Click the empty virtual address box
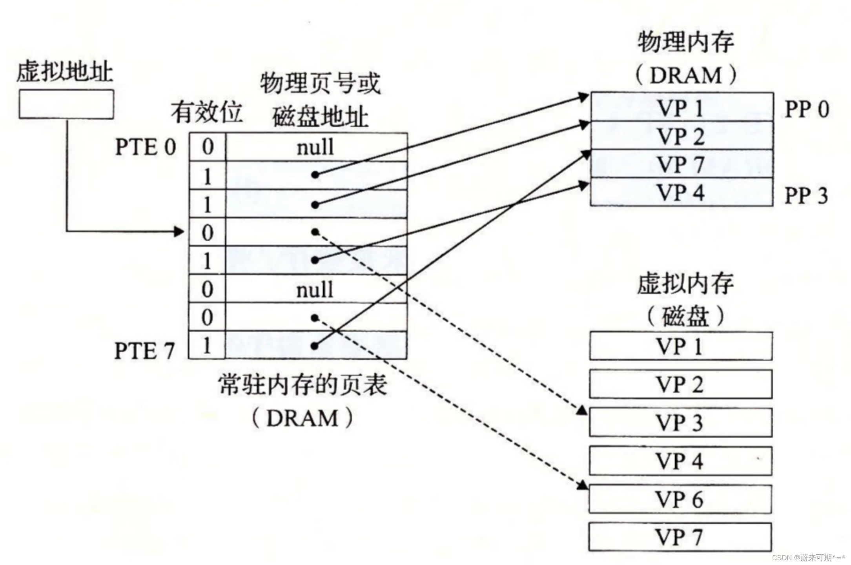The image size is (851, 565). coord(66,104)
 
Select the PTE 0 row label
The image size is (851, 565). coord(145,148)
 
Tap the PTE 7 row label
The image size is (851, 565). coord(144,350)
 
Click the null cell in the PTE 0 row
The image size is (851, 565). coord(316,148)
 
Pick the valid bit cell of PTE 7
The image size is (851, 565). coord(207,345)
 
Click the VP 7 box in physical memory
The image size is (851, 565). coord(682,164)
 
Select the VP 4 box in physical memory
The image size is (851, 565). coord(682,192)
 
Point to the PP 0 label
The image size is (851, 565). coord(807,109)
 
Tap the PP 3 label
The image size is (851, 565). coord(806,195)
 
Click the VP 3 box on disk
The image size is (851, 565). coord(680,423)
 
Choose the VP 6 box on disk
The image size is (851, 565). coord(680,499)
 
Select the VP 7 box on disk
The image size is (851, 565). coord(680,537)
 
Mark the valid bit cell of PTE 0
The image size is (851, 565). coord(208,147)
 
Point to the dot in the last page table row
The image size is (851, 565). coord(314,346)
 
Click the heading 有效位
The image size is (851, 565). coord(206,113)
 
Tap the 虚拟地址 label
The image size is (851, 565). coord(65,72)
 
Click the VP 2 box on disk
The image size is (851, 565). coord(680,384)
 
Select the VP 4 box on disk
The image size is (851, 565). coord(680,461)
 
